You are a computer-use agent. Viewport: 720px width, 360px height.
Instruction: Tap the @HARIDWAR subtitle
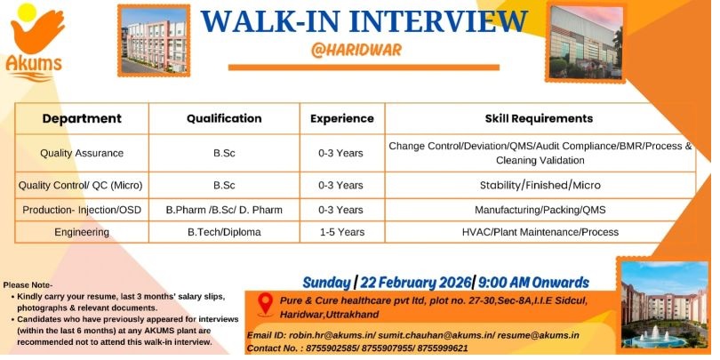(356, 50)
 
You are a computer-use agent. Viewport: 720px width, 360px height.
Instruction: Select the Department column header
(82, 118)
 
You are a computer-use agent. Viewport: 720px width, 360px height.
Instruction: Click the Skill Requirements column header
(539, 118)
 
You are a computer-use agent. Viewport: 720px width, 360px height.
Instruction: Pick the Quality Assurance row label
(82, 153)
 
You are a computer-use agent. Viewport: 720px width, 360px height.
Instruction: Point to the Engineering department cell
(82, 232)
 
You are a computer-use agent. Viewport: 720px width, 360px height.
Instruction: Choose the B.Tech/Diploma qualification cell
(224, 232)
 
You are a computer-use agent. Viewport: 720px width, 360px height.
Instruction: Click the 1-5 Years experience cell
(342, 232)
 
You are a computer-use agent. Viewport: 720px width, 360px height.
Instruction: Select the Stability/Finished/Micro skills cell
(540, 185)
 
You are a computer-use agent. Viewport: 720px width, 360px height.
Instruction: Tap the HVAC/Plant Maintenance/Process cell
(540, 232)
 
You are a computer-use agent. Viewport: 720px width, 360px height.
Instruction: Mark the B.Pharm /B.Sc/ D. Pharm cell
(224, 210)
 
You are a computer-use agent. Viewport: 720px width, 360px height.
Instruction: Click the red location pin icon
(266, 304)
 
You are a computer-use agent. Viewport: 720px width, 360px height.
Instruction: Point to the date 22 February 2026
(416, 282)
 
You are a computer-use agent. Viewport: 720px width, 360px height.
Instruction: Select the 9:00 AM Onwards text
(533, 282)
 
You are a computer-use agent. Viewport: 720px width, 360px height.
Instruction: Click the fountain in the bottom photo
(654, 337)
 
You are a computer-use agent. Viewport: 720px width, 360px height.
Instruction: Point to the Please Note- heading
(28, 285)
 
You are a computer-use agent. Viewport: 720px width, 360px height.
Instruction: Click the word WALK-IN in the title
(268, 21)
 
